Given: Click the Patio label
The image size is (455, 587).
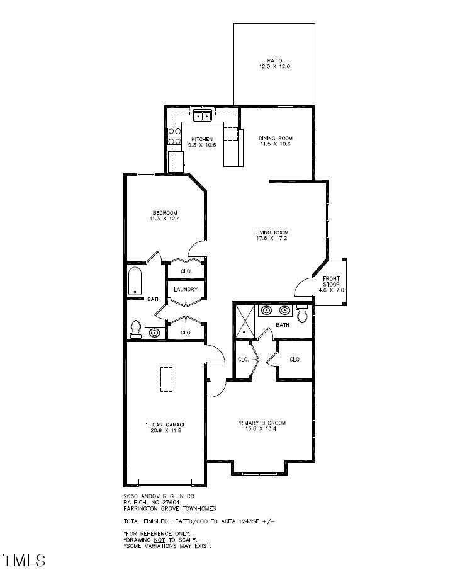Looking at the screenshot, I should point(274,60).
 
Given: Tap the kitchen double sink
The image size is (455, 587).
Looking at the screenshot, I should point(203,116).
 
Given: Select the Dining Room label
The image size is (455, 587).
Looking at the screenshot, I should point(276,139).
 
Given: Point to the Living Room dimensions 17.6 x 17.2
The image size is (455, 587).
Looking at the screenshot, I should point(271,239).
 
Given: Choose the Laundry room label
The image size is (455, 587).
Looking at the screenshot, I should point(186,290).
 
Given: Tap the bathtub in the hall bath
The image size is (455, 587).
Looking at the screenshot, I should point(135,282).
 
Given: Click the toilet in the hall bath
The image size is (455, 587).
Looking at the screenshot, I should point(135,328).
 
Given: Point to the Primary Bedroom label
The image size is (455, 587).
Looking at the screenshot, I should point(261,423).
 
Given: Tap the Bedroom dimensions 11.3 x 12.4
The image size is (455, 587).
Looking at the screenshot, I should point(164,219).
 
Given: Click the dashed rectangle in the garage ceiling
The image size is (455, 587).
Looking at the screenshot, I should point(166,379).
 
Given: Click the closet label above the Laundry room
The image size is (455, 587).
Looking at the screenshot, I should point(186,271).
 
